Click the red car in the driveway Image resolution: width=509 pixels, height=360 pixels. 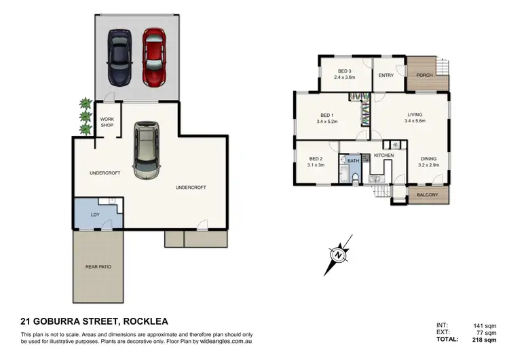pyautogui.click(x=153, y=57)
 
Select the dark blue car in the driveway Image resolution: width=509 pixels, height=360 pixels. pyautogui.click(x=119, y=58)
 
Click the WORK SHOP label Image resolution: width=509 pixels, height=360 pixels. pyautogui.click(x=107, y=122)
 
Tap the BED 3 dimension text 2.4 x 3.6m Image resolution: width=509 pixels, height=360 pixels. pyautogui.click(x=345, y=77)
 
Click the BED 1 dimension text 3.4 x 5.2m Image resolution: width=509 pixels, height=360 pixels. pyautogui.click(x=327, y=122)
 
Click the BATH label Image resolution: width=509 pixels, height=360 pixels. pyautogui.click(x=353, y=161)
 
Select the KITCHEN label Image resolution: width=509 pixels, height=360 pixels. pyautogui.click(x=383, y=156)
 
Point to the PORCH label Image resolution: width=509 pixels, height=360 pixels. pyautogui.click(x=424, y=75)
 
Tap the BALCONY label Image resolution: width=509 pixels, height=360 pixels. pyautogui.click(x=427, y=195)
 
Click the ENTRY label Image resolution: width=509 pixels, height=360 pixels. pyautogui.click(x=386, y=75)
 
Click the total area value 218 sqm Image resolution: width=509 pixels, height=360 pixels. pyautogui.click(x=487, y=338)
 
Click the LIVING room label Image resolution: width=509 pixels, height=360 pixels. pyautogui.click(x=414, y=115)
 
